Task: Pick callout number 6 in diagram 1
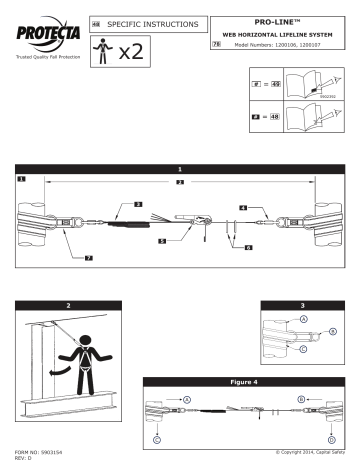[247, 246]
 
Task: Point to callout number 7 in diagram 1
[87, 258]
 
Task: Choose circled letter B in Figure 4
[301, 398]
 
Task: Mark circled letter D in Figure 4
[331, 439]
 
